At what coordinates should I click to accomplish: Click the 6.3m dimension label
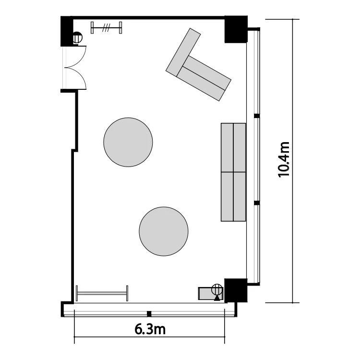150,329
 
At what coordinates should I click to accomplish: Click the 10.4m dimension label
284,159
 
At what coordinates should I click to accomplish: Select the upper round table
128,142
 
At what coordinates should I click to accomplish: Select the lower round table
164,231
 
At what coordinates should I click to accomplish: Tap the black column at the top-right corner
236,29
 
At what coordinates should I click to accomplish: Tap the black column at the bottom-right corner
236,290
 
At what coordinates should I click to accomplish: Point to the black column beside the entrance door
67,31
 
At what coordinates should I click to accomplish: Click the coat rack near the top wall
106,27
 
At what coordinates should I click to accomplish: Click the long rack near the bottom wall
102,293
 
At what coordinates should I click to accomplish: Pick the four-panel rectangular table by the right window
233,172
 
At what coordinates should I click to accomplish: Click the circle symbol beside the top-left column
77,37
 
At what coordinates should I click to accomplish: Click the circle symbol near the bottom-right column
217,289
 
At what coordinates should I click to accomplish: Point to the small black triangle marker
217,298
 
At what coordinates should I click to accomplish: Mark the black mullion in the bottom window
149,314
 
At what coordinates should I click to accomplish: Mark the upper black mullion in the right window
257,116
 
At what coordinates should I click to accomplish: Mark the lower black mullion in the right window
257,203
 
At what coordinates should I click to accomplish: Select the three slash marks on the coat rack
106,27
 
